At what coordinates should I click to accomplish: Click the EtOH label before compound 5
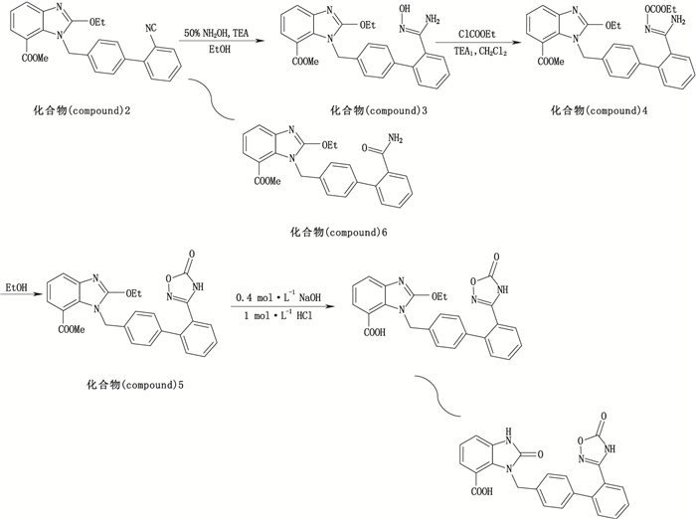click(x=15, y=287)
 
